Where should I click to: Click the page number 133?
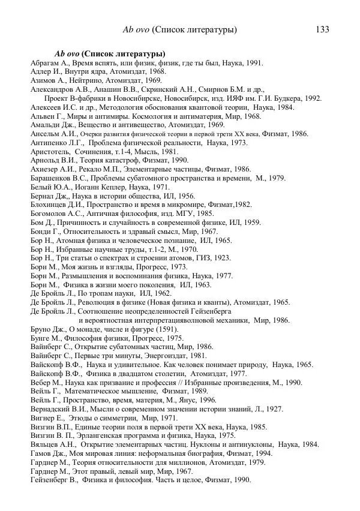(x=321, y=29)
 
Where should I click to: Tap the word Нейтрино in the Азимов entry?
(x=75, y=80)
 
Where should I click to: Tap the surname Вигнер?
(x=44, y=418)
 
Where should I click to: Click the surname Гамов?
(x=43, y=453)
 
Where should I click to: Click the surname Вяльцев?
(x=46, y=444)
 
